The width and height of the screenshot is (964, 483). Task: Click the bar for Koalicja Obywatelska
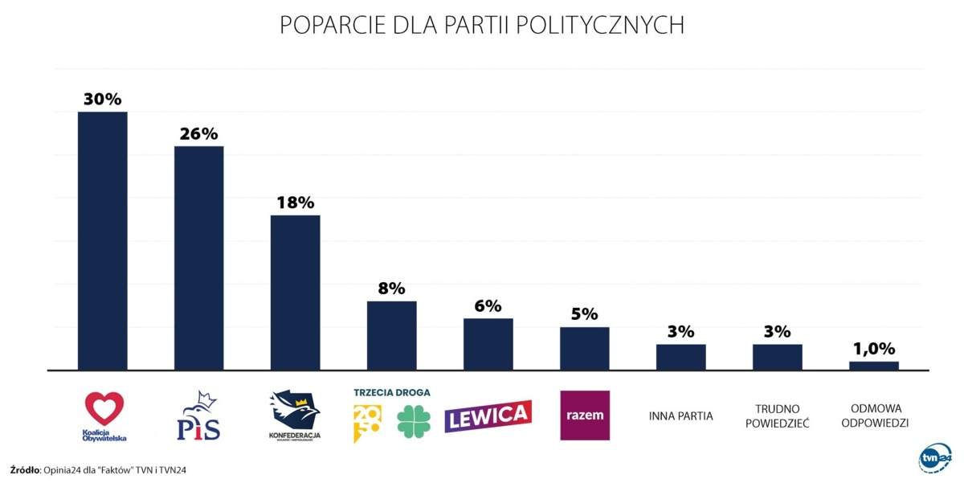(x=102, y=241)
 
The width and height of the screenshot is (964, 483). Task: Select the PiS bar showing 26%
(x=199, y=258)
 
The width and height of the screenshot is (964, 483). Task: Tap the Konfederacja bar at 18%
(x=296, y=293)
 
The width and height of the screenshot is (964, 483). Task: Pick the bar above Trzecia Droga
(x=392, y=335)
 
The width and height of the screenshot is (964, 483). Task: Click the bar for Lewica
(x=488, y=344)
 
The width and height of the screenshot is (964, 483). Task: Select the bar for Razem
(x=585, y=348)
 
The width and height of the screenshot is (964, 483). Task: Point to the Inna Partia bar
(x=681, y=357)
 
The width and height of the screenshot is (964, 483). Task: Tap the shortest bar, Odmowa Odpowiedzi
(x=874, y=366)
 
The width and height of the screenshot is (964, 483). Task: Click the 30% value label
(x=102, y=100)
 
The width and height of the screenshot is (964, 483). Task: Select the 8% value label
(x=392, y=289)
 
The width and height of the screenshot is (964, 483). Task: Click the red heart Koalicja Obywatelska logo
(x=105, y=409)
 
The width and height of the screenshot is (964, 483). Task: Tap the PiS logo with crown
(x=198, y=416)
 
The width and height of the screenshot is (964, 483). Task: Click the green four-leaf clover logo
(x=414, y=420)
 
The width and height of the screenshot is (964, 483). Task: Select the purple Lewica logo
(x=488, y=415)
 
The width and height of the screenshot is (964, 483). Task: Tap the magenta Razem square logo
(x=585, y=415)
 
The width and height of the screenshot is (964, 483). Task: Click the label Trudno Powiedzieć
(x=777, y=415)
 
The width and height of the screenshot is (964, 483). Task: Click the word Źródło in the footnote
(x=25, y=469)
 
